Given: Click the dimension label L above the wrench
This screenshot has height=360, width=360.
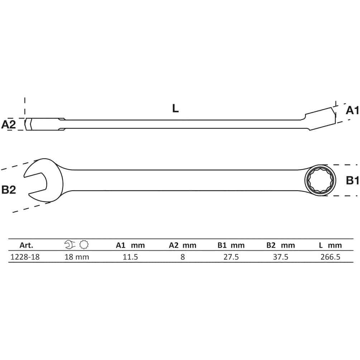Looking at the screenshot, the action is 176,109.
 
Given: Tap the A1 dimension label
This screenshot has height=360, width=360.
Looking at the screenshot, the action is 352,110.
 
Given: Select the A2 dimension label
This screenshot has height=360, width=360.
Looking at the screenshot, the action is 9,124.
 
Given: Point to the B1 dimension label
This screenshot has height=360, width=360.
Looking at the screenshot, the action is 352,181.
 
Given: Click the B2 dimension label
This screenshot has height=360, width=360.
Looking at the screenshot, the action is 9,190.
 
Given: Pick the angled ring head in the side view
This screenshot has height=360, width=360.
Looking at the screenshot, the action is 320,119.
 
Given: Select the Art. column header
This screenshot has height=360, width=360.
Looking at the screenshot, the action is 26,245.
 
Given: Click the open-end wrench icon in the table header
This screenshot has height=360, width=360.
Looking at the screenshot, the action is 70,245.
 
